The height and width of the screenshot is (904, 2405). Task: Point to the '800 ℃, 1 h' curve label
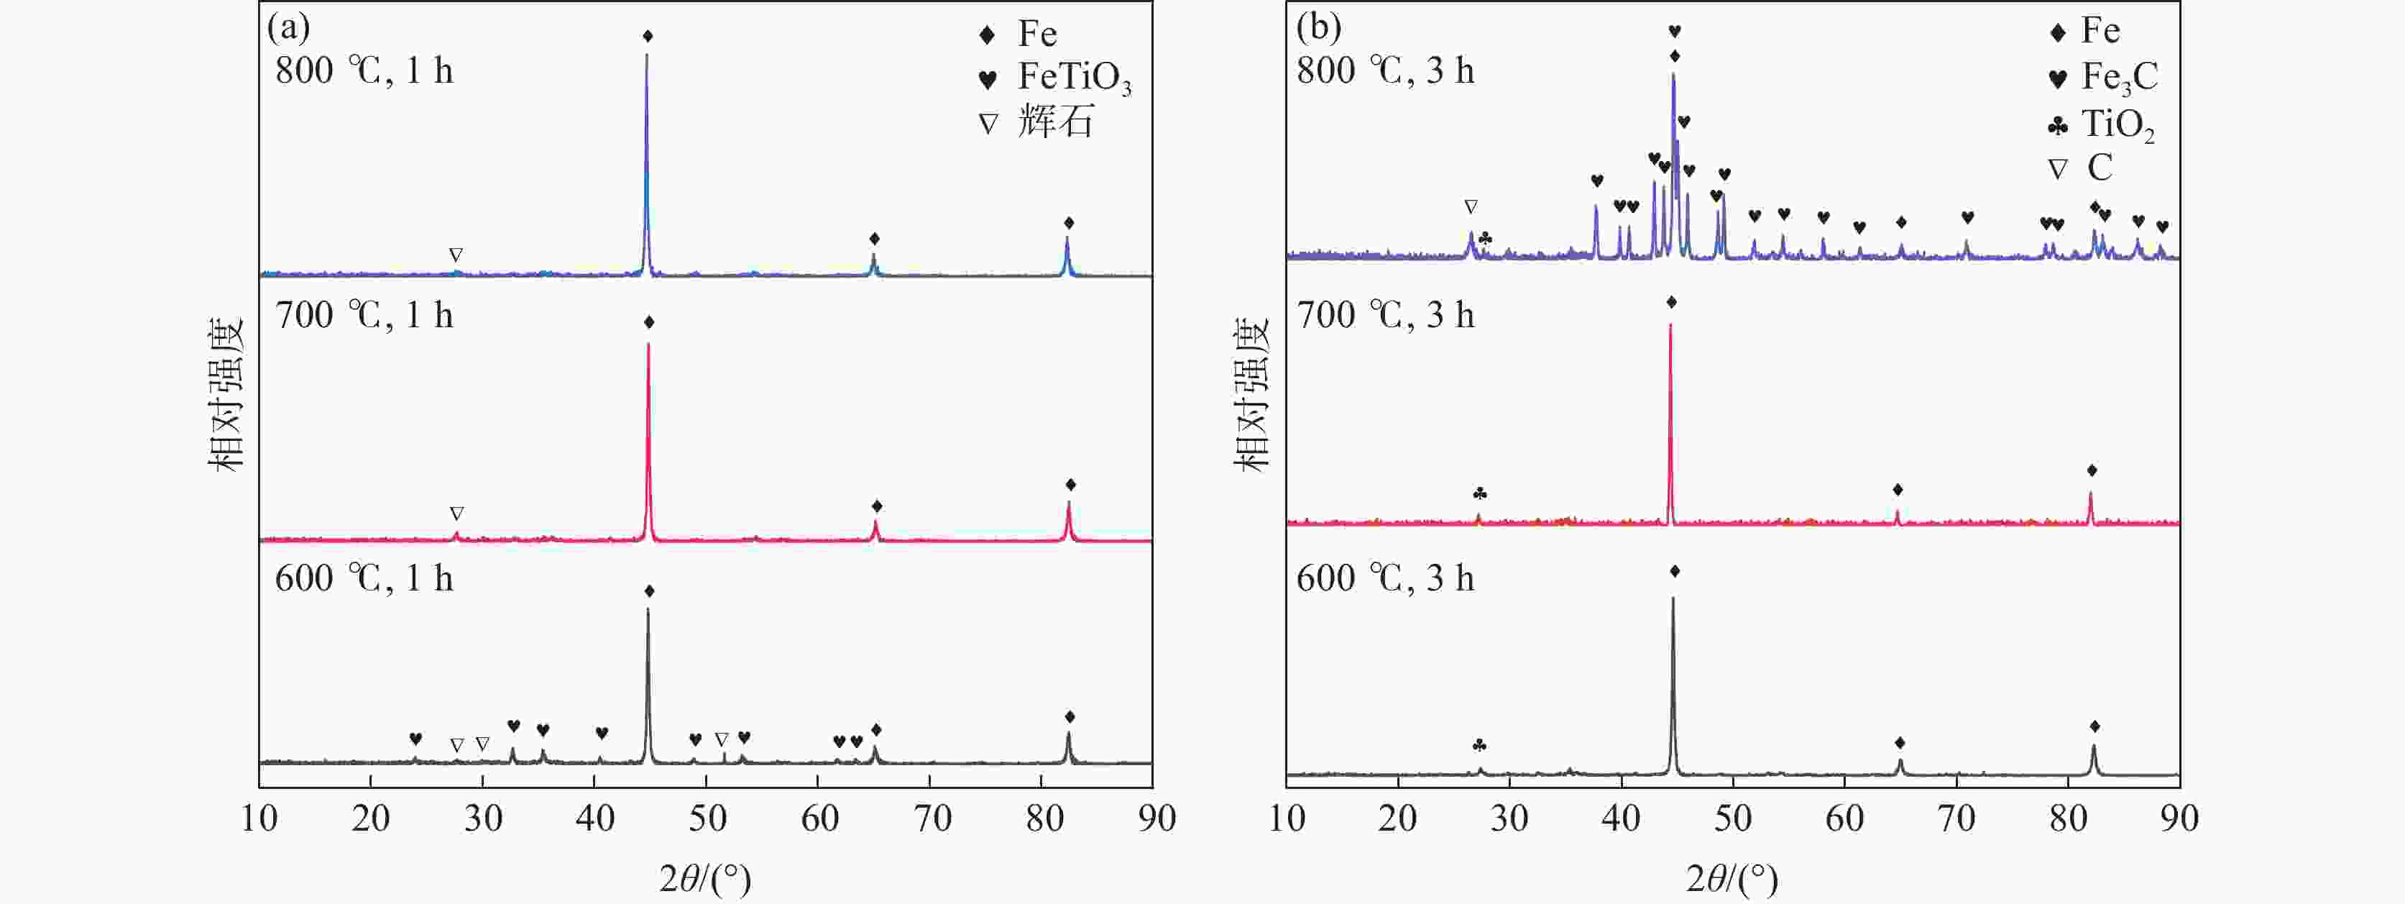pos(364,71)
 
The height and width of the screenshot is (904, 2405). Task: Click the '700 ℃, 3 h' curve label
pos(1386,316)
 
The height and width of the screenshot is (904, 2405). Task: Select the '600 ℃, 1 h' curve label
pos(364,579)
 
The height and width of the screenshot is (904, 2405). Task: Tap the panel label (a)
pos(288,27)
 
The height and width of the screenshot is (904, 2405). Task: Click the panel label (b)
pos(1318,27)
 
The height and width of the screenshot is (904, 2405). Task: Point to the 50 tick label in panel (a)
pos(708,819)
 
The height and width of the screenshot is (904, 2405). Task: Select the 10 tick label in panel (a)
pos(259,819)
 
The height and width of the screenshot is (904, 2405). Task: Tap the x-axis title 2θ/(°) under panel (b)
pos(1732,879)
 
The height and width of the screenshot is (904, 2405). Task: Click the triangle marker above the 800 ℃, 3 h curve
pos(1471,206)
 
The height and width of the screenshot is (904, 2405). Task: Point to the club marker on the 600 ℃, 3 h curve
pos(1479,745)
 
